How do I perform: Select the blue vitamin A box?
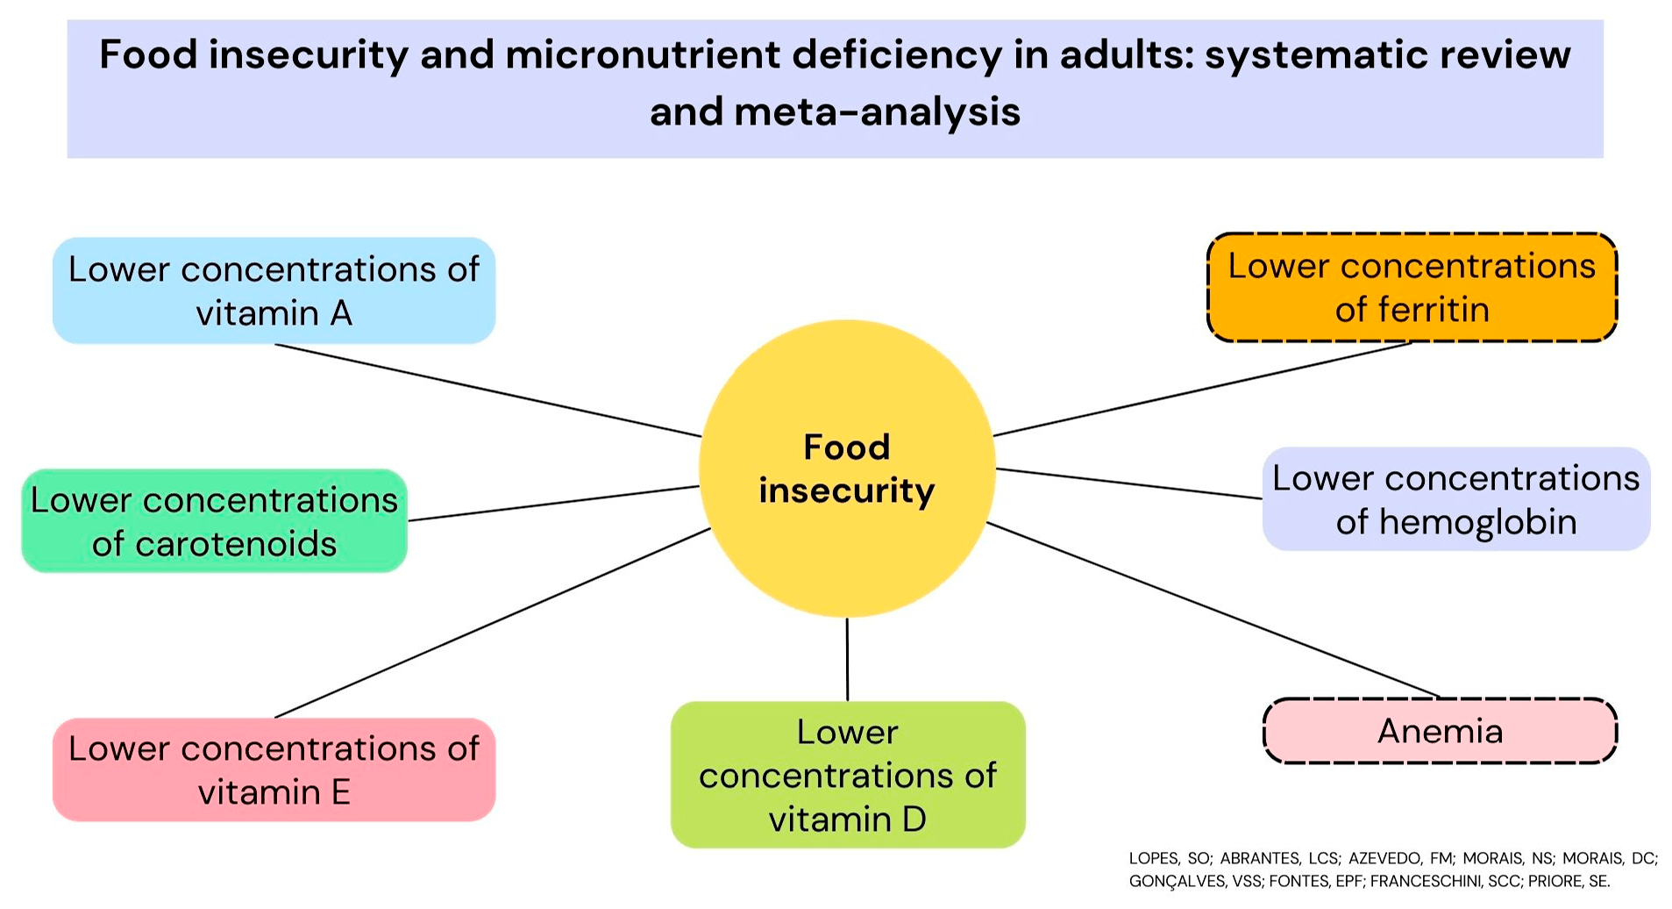[x=274, y=290]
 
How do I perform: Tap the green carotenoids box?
[x=214, y=521]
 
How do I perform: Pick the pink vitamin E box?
[x=274, y=769]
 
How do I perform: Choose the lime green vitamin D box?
[x=847, y=774]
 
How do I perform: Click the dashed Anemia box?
[x=1440, y=731]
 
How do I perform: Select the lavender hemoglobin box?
[x=1455, y=499]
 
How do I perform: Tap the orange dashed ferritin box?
[x=1411, y=287]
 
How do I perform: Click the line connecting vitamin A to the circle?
[x=487, y=390]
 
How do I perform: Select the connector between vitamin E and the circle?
[x=491, y=623]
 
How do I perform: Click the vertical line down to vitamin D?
[x=847, y=659]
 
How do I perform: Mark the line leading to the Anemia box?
[x=1213, y=610]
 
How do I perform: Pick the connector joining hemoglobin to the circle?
[x=1129, y=483]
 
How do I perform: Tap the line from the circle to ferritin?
[x=1201, y=389]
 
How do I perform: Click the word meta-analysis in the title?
[x=877, y=112]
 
